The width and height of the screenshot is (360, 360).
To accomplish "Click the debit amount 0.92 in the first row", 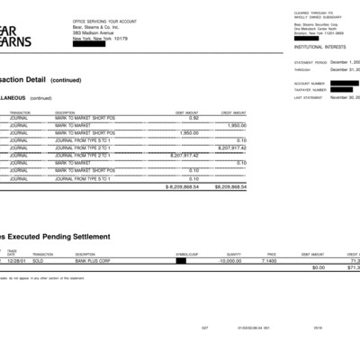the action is tap(193, 118).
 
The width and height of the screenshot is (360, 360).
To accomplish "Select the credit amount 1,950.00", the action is tap(237, 125).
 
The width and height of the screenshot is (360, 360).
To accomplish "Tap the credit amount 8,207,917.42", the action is tap(231, 148).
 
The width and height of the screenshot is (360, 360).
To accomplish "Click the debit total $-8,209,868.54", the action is tap(183, 187).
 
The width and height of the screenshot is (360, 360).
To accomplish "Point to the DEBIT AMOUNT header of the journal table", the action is tap(186, 112).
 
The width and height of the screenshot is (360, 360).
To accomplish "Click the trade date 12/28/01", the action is tap(16, 260).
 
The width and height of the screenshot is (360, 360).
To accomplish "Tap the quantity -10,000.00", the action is tap(229, 260).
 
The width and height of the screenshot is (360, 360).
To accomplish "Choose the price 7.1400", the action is tap(268, 260).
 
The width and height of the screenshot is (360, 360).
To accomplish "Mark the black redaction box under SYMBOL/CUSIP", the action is tap(181, 260).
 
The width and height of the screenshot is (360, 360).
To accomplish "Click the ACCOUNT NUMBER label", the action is tap(308, 83).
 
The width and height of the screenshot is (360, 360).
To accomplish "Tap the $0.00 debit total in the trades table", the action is tap(318, 267).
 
